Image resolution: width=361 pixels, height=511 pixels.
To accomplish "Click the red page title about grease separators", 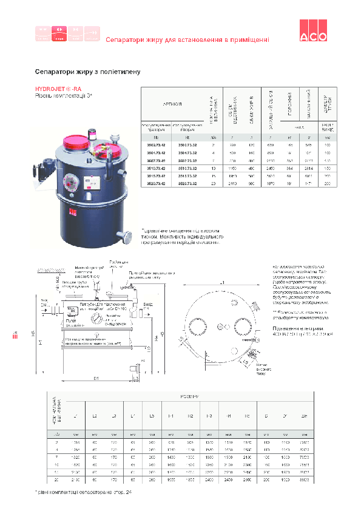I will [x=187, y=40].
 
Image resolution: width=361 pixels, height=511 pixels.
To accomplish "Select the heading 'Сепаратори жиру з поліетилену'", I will [x=88, y=72].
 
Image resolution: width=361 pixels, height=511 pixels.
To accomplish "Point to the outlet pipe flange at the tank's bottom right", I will [x=127, y=235].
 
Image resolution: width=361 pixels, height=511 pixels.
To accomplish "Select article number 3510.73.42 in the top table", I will [x=154, y=166].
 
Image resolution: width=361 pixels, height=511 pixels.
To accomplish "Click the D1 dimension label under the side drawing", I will [x=96, y=379].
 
